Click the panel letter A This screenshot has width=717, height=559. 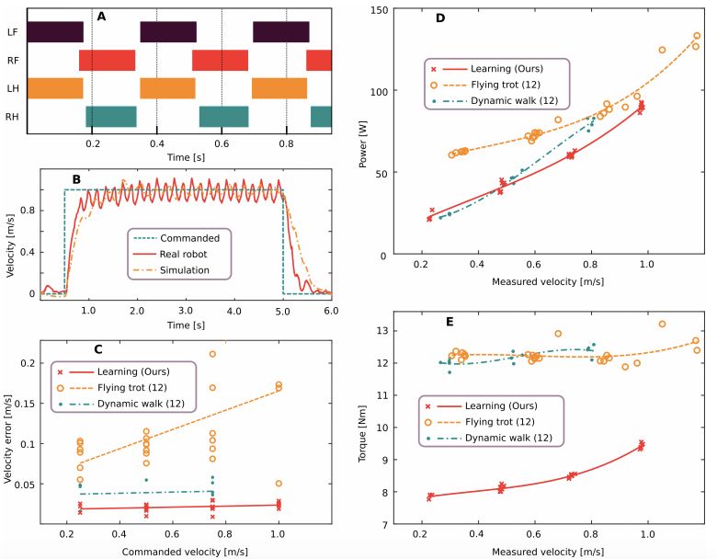102,16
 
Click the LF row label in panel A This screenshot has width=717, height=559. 11,31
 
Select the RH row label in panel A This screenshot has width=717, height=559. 11,117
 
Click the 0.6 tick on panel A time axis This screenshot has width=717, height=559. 222,144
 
